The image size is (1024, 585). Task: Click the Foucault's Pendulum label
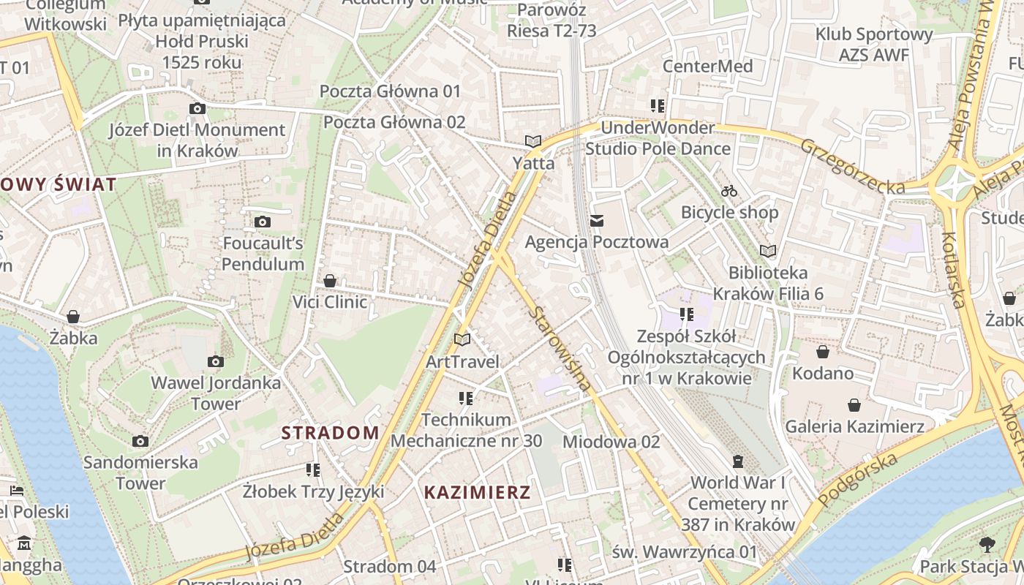[x=263, y=253]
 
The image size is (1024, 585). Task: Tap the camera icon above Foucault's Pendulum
[x=263, y=222]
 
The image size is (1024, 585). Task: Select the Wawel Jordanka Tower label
[x=216, y=393]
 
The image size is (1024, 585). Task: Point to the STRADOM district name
[x=331, y=432]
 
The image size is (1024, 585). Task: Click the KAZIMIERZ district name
[x=478, y=492]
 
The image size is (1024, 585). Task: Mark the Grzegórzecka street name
[x=852, y=167]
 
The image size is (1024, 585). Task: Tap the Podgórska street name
[x=857, y=480]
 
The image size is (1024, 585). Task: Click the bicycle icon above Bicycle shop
[x=729, y=191]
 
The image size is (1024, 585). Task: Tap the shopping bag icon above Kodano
[x=823, y=352]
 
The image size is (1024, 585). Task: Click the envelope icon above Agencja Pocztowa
[x=597, y=220]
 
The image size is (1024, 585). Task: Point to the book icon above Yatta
[x=533, y=141]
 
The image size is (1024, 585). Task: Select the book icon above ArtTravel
[x=462, y=339]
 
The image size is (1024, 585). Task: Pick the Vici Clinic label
[x=330, y=301]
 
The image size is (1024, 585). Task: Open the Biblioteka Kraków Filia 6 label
[x=768, y=283]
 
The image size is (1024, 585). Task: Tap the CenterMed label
[x=707, y=66]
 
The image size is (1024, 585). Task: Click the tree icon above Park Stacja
[x=987, y=544]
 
